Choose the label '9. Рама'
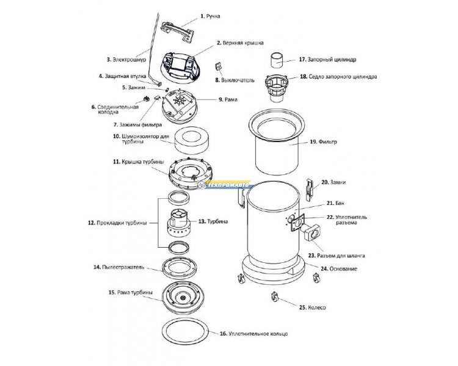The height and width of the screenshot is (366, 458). (x=227, y=99)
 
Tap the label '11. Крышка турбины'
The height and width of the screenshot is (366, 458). (x=133, y=162)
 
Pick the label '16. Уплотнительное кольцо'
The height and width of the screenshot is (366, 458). (x=253, y=334)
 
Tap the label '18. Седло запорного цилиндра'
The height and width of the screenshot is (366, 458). (x=338, y=77)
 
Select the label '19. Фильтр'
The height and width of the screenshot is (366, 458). (x=321, y=142)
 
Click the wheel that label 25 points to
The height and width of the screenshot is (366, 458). (x=275, y=298)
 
